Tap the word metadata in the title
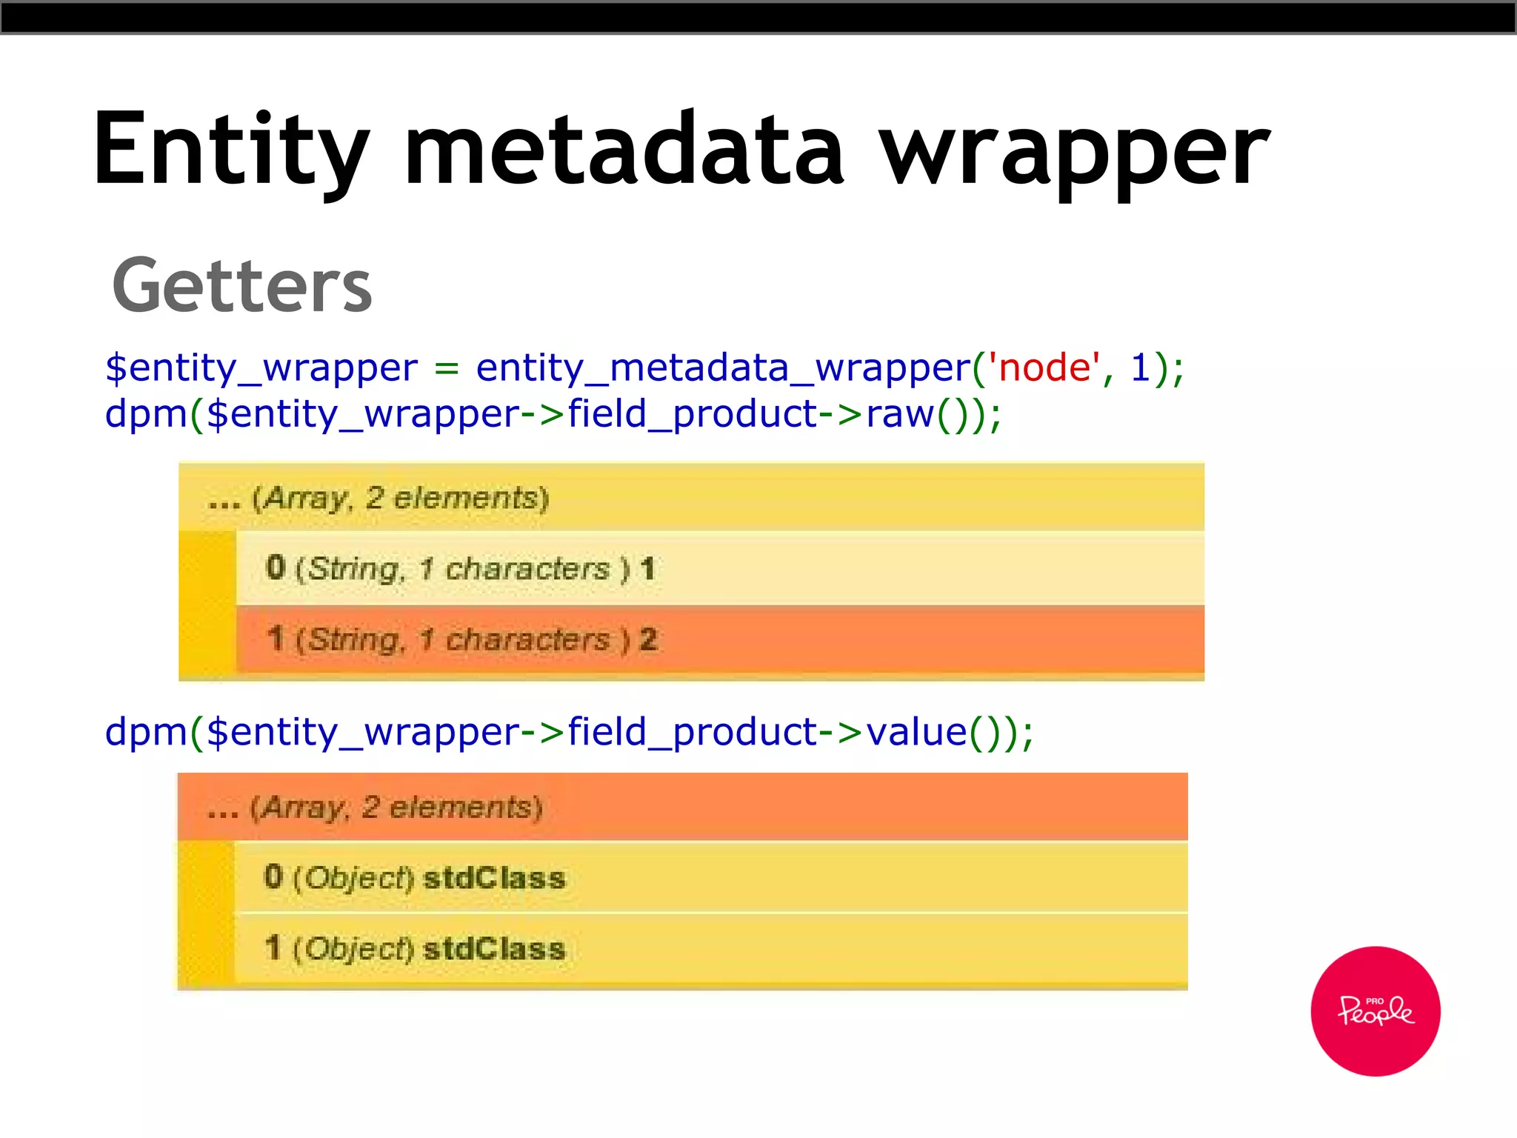click(x=624, y=148)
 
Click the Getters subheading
click(x=241, y=286)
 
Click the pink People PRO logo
click(x=1375, y=1011)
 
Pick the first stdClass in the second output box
click(x=494, y=878)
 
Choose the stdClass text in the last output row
click(x=494, y=949)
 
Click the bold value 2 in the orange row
click(x=648, y=639)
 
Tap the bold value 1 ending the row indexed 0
click(x=647, y=569)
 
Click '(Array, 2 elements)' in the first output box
click(x=400, y=498)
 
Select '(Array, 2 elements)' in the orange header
click(x=396, y=807)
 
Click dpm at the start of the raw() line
click(x=146, y=413)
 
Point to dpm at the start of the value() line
click(x=146, y=732)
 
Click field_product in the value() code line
click(x=692, y=732)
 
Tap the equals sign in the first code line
click(x=446, y=367)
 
